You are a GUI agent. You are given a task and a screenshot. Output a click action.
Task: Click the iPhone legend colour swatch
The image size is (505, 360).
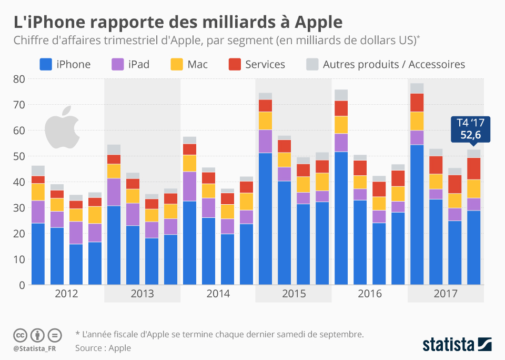(x=46, y=64)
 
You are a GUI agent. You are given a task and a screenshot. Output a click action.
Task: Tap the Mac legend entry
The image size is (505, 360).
(x=189, y=64)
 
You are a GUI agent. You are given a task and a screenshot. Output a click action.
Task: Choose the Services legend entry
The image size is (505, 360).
(x=257, y=64)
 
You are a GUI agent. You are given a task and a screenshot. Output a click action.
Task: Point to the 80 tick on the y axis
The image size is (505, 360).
(x=19, y=79)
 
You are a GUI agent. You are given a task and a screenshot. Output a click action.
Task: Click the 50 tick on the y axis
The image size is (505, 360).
(x=19, y=156)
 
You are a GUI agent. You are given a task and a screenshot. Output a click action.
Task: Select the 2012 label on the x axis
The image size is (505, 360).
(x=66, y=294)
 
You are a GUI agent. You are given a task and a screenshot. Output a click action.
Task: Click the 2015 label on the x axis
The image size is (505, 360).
(x=294, y=294)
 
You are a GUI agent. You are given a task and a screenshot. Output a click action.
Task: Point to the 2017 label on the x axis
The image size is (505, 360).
(x=446, y=294)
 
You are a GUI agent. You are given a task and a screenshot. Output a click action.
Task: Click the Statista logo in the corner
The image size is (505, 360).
(x=457, y=345)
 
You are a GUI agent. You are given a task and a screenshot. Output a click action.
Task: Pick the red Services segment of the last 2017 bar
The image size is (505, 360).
(x=474, y=168)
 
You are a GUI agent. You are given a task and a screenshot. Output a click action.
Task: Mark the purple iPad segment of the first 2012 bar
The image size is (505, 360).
(x=38, y=212)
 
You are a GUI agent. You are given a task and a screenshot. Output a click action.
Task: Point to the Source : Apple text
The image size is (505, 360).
(x=103, y=348)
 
